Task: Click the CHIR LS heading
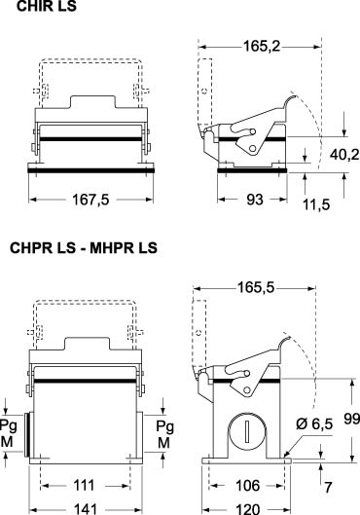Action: (x=47, y=6)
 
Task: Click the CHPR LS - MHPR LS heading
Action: (x=84, y=247)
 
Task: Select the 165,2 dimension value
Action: (x=262, y=47)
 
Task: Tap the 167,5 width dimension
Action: (x=90, y=200)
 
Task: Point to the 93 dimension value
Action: (x=255, y=200)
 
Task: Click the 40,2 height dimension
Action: (x=344, y=155)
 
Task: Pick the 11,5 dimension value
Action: (x=316, y=204)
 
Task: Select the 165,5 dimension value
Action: (x=256, y=288)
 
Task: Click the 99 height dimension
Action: (x=352, y=419)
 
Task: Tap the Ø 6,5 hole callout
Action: (x=314, y=423)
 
